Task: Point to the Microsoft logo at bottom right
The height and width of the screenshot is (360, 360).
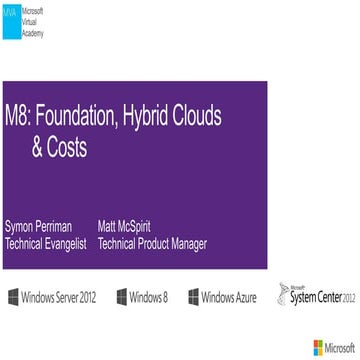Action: (332, 348)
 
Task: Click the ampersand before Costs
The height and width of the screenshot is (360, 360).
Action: (38, 149)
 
